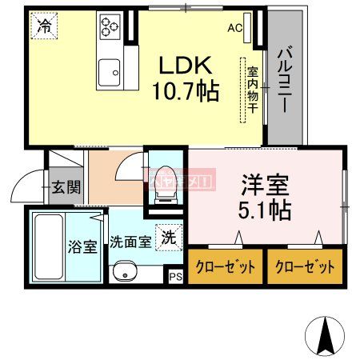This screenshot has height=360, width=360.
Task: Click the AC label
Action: click(235, 28)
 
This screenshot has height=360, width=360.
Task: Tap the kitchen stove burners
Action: click(109, 29)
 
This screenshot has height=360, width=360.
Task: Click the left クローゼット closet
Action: click(226, 267)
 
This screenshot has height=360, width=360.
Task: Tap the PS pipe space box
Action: click(176, 277)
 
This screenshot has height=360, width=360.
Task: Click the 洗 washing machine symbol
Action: click(169, 236)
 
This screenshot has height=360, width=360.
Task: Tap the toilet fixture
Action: click(165, 181)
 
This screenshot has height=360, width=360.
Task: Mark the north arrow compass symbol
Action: click(326, 337)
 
